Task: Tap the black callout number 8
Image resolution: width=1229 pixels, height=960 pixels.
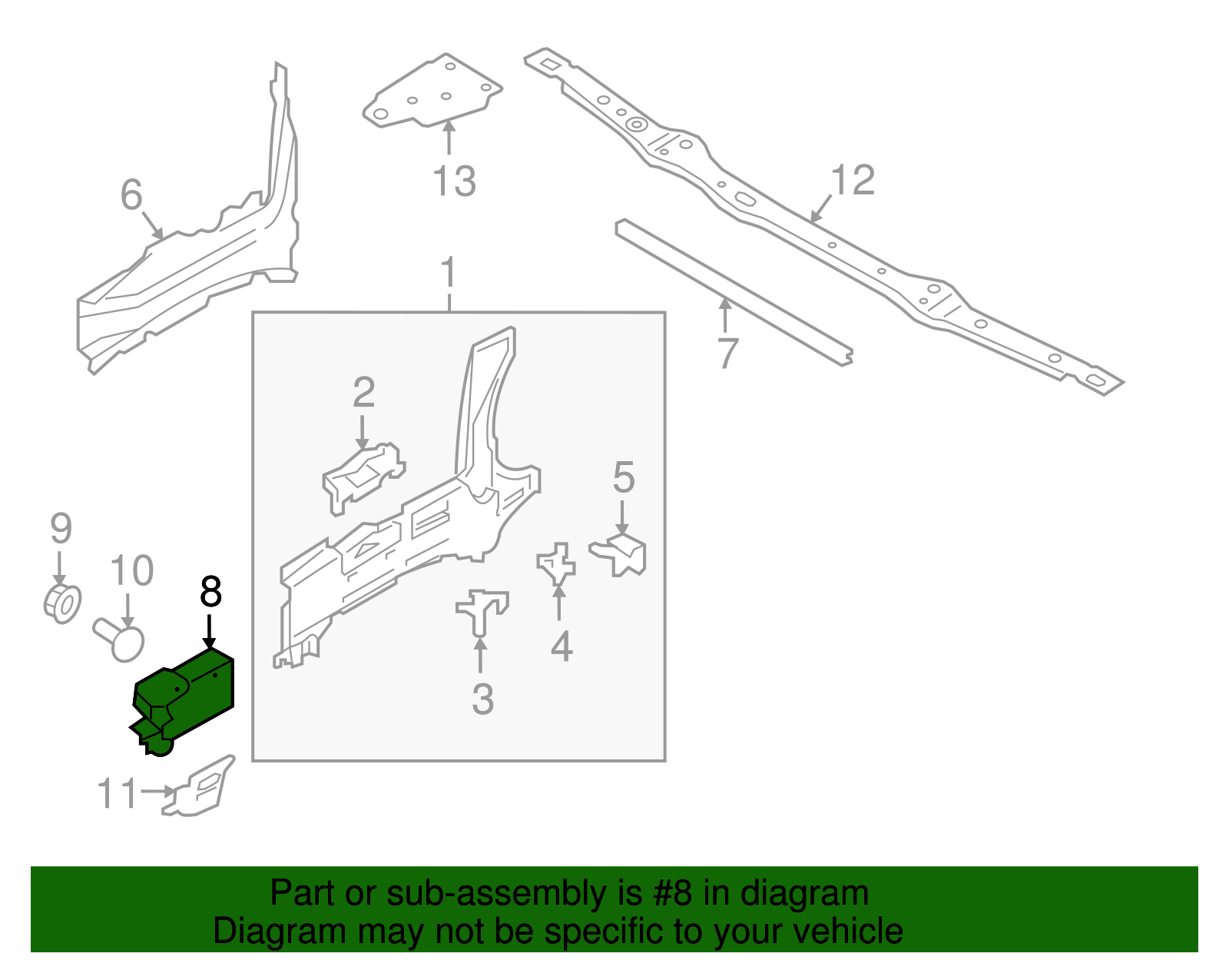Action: (210, 592)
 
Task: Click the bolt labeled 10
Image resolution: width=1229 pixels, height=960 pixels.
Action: (121, 639)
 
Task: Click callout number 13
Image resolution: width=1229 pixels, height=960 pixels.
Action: (454, 182)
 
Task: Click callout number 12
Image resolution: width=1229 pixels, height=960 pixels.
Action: (853, 181)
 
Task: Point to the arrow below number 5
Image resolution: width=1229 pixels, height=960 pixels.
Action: (622, 517)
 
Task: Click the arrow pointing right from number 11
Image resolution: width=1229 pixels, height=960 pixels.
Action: (159, 791)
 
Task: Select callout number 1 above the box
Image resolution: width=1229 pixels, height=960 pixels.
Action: (449, 274)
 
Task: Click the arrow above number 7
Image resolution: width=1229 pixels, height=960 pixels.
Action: (724, 315)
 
